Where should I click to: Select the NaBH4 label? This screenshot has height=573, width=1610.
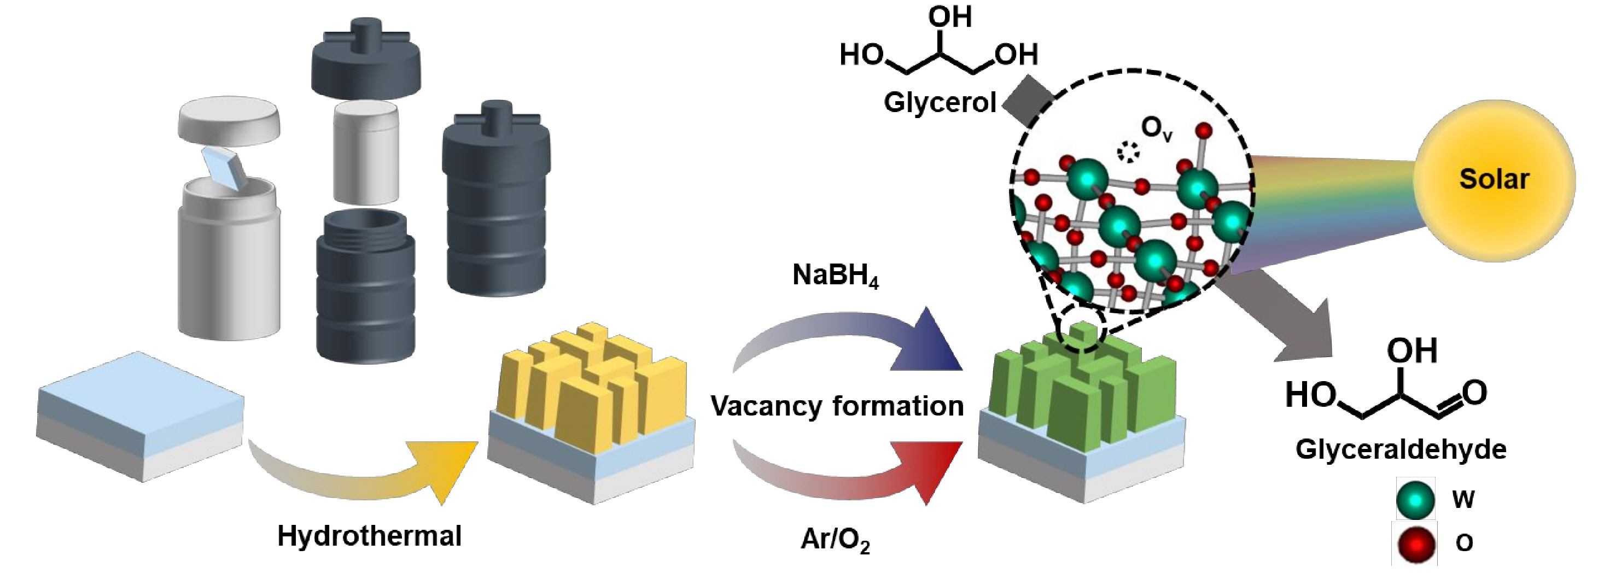[x=835, y=276]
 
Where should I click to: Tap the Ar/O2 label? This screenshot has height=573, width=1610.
[x=835, y=539]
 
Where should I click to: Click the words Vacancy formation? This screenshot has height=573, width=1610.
[x=837, y=407]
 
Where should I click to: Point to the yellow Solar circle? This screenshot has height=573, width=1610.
[x=1494, y=180]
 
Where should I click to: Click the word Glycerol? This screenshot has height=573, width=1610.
[x=940, y=102]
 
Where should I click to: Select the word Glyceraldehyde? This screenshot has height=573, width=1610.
[x=1401, y=449]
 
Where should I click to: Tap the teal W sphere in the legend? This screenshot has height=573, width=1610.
[x=1415, y=500]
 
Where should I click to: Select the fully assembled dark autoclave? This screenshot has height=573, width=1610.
[x=495, y=200]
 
